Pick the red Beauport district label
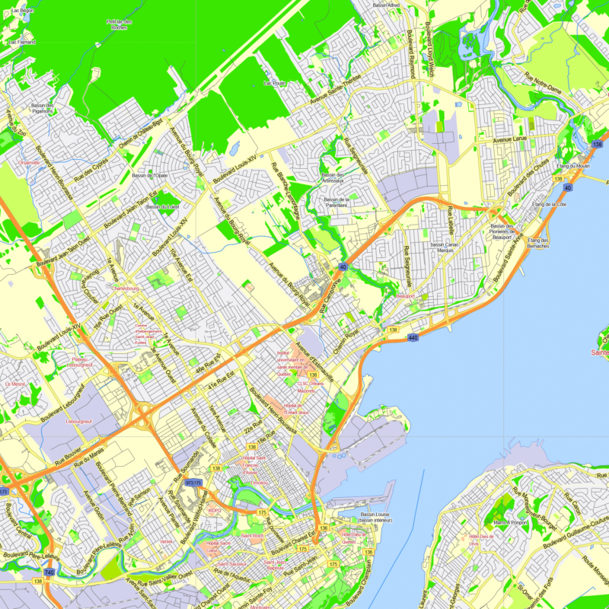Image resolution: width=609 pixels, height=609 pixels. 406,295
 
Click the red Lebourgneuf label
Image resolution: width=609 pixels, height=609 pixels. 78,420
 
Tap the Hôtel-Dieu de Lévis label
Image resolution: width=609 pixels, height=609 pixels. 483,539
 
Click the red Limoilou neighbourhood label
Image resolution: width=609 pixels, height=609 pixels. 259,483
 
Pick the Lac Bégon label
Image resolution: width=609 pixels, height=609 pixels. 23,11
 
